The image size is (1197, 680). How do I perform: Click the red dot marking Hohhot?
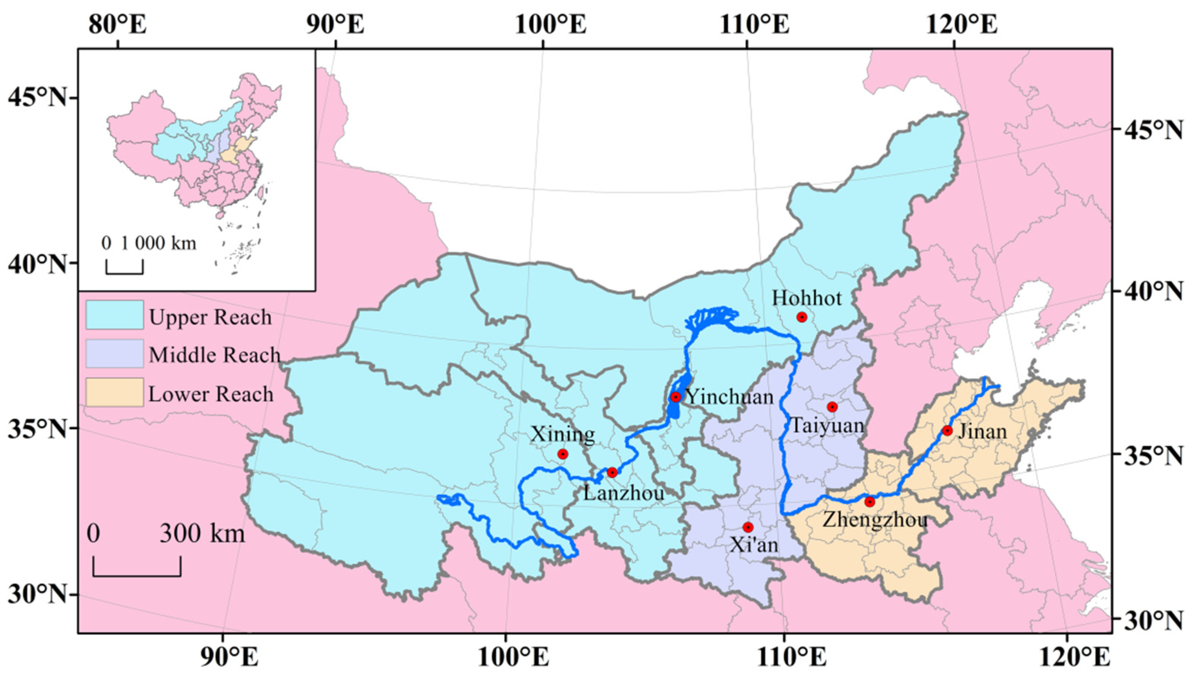click(802, 317)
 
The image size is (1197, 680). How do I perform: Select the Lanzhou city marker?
click(612, 472)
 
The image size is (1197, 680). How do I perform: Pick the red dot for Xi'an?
click(748, 527)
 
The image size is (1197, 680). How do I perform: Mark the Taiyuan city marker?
click(832, 407)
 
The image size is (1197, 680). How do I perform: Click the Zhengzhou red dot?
click(869, 502)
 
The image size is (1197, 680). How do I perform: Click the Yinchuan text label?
click(730, 398)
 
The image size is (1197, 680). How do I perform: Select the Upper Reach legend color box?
click(114, 315)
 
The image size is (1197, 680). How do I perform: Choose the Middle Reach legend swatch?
click(114, 353)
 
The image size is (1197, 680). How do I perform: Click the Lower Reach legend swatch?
click(114, 392)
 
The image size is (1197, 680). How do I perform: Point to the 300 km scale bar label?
click(202, 533)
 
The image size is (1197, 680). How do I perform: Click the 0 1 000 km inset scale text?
click(149, 243)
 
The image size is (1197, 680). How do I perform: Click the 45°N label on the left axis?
click(37, 98)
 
